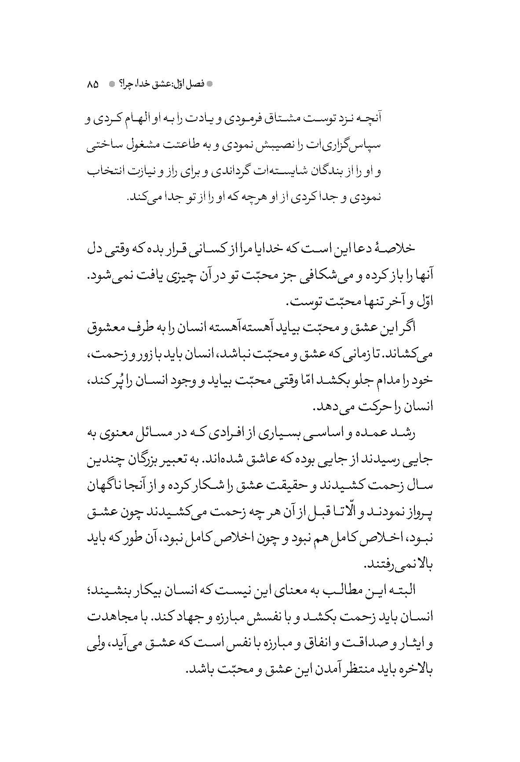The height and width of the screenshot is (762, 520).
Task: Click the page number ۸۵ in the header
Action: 93,84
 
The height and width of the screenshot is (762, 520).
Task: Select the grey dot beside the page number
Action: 112,84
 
